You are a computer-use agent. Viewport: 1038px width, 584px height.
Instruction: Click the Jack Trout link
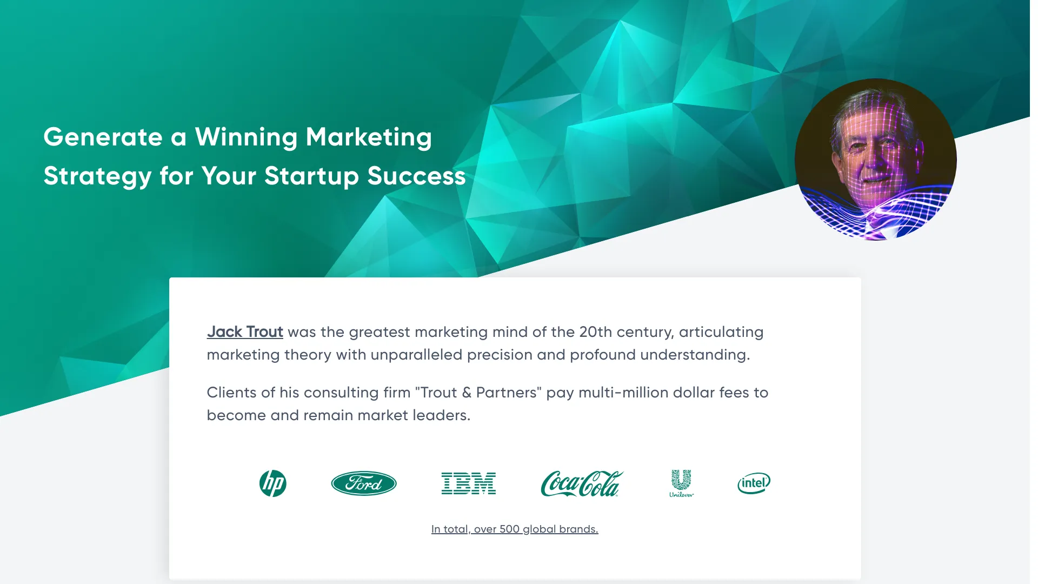click(x=245, y=331)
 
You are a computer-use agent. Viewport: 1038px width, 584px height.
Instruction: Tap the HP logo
click(x=273, y=483)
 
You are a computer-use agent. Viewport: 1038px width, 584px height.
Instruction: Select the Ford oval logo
click(x=364, y=483)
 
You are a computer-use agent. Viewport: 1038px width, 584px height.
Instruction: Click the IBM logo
click(x=469, y=483)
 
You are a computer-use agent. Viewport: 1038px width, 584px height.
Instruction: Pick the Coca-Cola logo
click(x=582, y=483)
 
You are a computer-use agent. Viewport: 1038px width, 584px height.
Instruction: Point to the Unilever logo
click(x=682, y=483)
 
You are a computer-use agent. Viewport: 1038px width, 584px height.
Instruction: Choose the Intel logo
click(x=754, y=483)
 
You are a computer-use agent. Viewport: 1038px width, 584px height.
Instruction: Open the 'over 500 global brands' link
click(x=515, y=529)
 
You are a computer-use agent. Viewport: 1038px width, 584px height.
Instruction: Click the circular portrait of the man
click(x=876, y=160)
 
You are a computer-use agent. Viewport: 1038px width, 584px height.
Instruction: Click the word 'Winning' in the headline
click(x=246, y=137)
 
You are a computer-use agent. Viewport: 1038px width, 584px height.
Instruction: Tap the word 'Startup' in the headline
click(x=311, y=176)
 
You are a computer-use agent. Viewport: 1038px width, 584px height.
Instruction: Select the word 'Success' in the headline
click(x=417, y=176)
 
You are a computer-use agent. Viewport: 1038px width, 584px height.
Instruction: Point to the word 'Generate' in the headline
click(x=103, y=137)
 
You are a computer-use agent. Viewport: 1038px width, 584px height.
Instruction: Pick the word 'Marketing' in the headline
click(x=369, y=137)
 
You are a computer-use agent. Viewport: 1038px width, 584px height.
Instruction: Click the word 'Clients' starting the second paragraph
click(x=232, y=392)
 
